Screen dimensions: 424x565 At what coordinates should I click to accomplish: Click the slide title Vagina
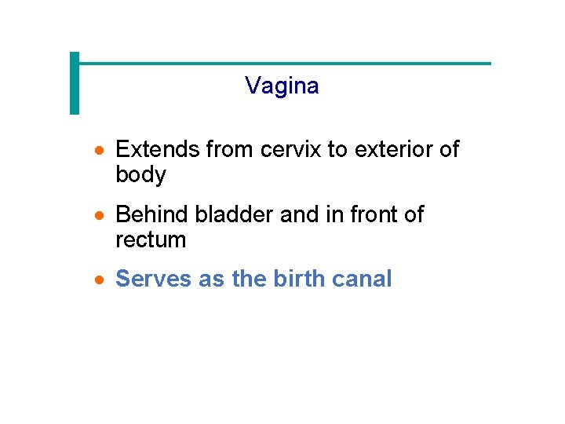click(282, 86)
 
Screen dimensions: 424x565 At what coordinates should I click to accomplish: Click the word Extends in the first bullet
click(158, 149)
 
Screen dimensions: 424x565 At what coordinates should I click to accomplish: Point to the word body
click(140, 175)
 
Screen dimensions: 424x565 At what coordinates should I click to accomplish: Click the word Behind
click(152, 214)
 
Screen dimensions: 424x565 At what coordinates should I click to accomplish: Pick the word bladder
click(235, 214)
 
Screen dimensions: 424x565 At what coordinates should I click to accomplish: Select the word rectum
click(151, 240)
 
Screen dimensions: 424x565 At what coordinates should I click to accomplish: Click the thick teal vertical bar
click(75, 83)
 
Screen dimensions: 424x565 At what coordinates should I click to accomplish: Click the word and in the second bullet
click(299, 214)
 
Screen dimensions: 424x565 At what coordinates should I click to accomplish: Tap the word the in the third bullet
click(250, 279)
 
